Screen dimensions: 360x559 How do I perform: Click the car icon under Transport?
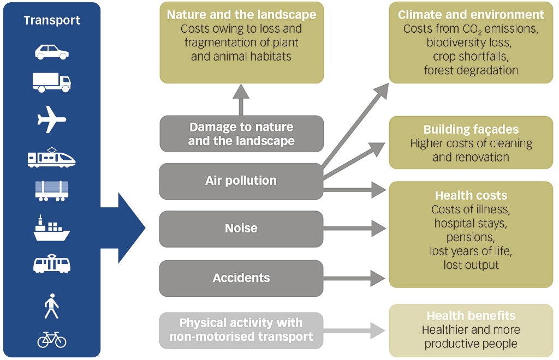click(52, 52)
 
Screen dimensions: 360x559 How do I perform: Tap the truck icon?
click(52, 82)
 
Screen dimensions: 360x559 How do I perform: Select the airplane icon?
click(52, 119)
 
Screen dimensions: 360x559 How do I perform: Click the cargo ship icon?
click(52, 229)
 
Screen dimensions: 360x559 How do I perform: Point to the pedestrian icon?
click(52, 306)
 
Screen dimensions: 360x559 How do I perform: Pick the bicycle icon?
click(52, 339)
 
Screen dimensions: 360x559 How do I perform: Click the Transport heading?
click(52, 21)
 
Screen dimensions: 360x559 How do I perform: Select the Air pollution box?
click(241, 181)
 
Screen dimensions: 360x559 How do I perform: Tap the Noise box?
click(241, 229)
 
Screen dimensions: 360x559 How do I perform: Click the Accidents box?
click(241, 278)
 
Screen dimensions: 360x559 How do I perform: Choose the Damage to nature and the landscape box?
click(241, 134)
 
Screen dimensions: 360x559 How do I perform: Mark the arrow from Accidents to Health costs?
click(355, 278)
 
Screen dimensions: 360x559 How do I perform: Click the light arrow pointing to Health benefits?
click(355, 330)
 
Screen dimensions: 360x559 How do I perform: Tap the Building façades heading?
click(471, 130)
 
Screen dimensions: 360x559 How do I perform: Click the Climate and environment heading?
click(471, 15)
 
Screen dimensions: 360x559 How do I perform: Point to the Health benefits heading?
click(471, 316)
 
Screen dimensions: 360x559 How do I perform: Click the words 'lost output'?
click(471, 265)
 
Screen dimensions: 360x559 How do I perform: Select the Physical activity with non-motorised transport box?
click(241, 330)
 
